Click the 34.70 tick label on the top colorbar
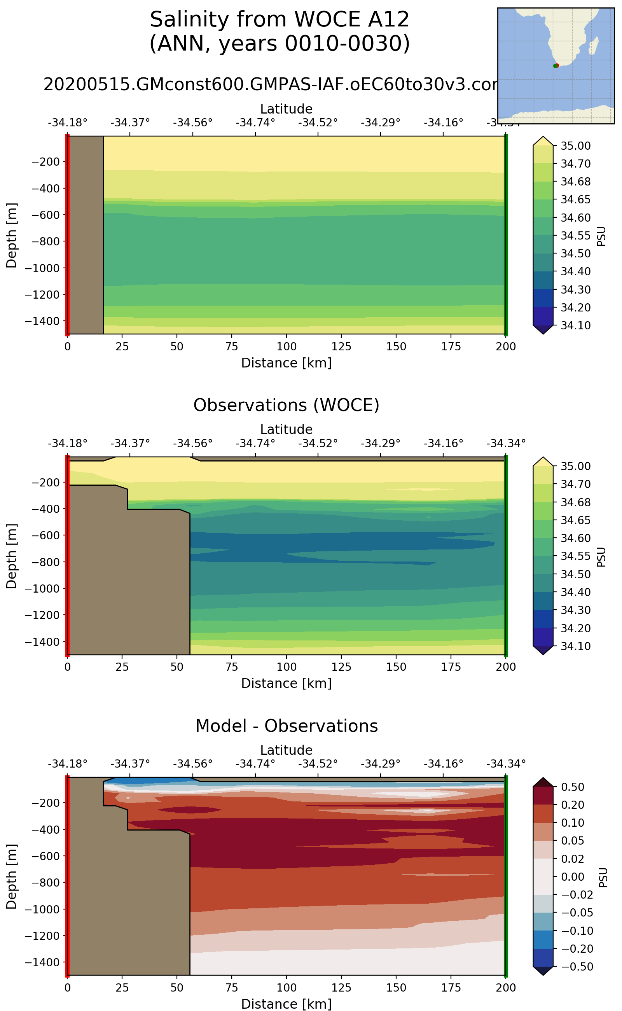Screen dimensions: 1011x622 [x=575, y=164]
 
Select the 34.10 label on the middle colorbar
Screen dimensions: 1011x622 [x=575, y=646]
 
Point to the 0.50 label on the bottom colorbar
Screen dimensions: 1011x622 [x=573, y=787]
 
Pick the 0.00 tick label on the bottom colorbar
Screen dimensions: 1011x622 [x=573, y=877]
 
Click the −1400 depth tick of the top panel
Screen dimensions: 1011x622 [x=42, y=321]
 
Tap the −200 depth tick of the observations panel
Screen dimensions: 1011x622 [x=45, y=482]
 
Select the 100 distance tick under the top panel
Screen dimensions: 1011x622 [x=287, y=346]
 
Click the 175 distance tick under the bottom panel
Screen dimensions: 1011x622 [x=451, y=988]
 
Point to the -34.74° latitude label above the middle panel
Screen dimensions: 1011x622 [x=255, y=444]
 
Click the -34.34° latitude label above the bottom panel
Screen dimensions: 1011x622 [x=506, y=764]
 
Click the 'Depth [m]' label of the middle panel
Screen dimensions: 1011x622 [x=12, y=556]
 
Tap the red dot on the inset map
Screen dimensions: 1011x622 [x=557, y=65]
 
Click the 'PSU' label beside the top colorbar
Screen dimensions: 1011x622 [x=601, y=236]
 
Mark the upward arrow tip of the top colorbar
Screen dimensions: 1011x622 [x=543, y=136]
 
